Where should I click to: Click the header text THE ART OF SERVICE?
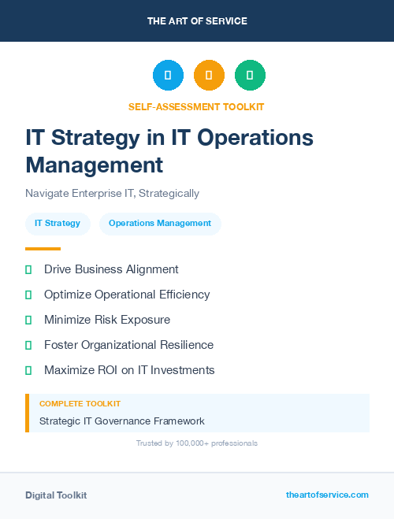[197, 21]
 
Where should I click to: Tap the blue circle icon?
[168, 76]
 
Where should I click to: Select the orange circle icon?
[209, 76]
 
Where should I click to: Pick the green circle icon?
[250, 76]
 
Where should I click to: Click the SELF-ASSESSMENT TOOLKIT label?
[196, 106]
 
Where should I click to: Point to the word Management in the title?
[94, 165]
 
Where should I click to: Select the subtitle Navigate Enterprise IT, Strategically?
[112, 193]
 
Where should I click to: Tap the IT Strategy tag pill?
[58, 224]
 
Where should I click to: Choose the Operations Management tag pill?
[160, 224]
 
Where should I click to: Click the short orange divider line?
[43, 249]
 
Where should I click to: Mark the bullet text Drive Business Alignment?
[111, 269]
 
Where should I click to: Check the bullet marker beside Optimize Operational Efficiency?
[28, 295]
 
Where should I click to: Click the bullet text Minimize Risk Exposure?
[107, 320]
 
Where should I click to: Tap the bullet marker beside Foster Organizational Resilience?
[28, 345]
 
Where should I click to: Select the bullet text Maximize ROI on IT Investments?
[129, 370]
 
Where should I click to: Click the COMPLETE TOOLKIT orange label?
[80, 403]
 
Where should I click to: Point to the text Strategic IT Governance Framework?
[122, 421]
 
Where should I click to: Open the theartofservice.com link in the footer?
[327, 495]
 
